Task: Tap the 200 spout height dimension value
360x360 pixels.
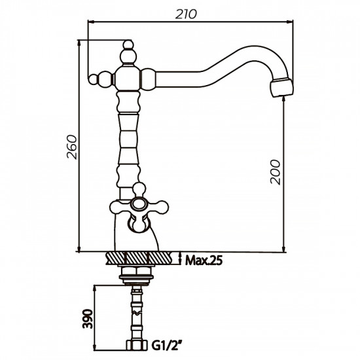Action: (276, 172)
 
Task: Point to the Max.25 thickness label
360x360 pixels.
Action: (204, 260)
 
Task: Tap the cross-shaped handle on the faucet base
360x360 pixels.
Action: (137, 207)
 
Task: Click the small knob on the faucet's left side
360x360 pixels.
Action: (100, 79)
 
